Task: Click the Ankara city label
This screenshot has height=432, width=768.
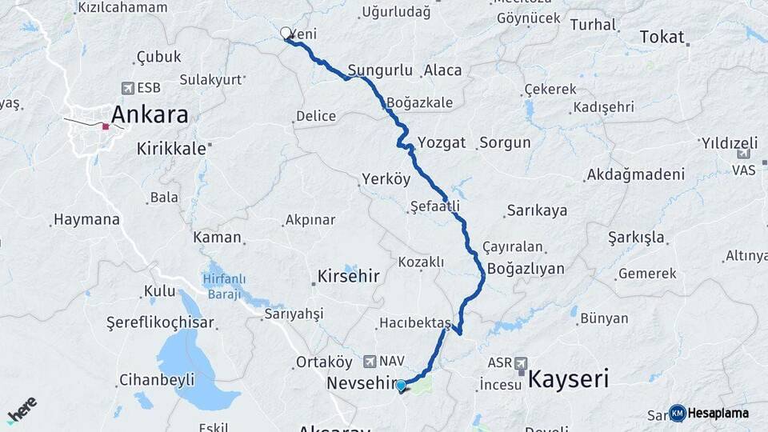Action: [150, 114]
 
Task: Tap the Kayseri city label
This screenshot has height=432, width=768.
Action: [569, 378]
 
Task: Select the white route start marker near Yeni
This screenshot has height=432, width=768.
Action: [286, 33]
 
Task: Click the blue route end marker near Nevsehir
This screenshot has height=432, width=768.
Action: [401, 385]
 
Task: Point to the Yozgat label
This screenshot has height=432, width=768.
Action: [441, 142]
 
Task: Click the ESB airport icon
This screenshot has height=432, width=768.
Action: [127, 88]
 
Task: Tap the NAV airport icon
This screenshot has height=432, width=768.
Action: [369, 362]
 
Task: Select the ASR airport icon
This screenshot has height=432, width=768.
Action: [522, 362]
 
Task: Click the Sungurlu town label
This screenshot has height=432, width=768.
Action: [378, 70]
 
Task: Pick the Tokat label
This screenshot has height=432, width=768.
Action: [662, 37]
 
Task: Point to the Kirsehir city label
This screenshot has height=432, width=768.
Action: [348, 276]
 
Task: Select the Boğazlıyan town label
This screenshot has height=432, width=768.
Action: [526, 269]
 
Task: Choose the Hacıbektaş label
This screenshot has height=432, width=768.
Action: [415, 322]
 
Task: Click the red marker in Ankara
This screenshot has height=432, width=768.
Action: [105, 126]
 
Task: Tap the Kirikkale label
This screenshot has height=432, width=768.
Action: [173, 148]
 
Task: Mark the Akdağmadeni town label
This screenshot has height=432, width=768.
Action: [636, 174]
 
